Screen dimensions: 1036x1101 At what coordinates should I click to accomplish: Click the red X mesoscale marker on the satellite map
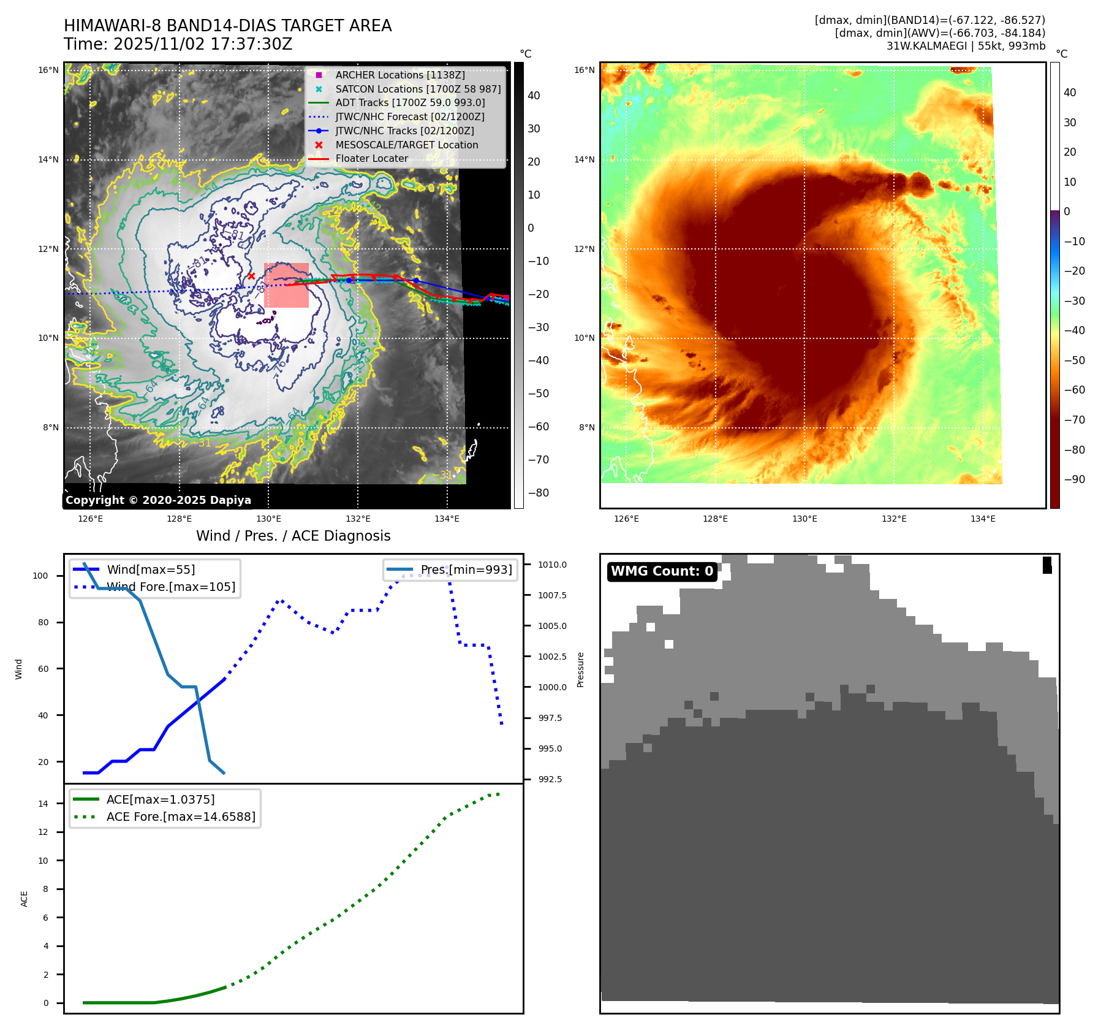251,276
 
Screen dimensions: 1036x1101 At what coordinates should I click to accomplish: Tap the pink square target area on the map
286,285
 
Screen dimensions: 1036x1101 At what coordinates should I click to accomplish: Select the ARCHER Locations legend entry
399,75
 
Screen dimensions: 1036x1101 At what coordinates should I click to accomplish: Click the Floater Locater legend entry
371,158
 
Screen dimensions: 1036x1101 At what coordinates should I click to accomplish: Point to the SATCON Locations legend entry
418,89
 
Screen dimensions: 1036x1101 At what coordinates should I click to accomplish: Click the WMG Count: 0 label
662,571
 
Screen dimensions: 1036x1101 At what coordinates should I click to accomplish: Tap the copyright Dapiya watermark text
158,500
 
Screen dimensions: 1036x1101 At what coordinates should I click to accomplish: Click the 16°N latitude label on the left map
48,70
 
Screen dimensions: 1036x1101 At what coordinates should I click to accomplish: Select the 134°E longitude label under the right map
983,519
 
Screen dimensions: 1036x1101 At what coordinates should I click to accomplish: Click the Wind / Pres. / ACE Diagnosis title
293,536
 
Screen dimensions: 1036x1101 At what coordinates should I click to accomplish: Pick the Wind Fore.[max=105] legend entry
170,587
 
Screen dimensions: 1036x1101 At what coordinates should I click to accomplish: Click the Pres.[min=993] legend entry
466,569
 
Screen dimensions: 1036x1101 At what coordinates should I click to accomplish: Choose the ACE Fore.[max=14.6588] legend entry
181,817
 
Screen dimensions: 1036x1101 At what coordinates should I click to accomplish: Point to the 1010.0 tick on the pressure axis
552,565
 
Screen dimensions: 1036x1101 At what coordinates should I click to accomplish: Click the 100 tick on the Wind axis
40,576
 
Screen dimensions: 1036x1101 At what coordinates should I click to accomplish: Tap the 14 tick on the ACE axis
43,804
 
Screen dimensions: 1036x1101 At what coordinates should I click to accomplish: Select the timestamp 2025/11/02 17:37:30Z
202,45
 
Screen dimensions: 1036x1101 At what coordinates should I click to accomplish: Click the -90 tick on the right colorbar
1074,479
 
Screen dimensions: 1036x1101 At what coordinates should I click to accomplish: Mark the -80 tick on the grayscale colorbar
539,493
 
